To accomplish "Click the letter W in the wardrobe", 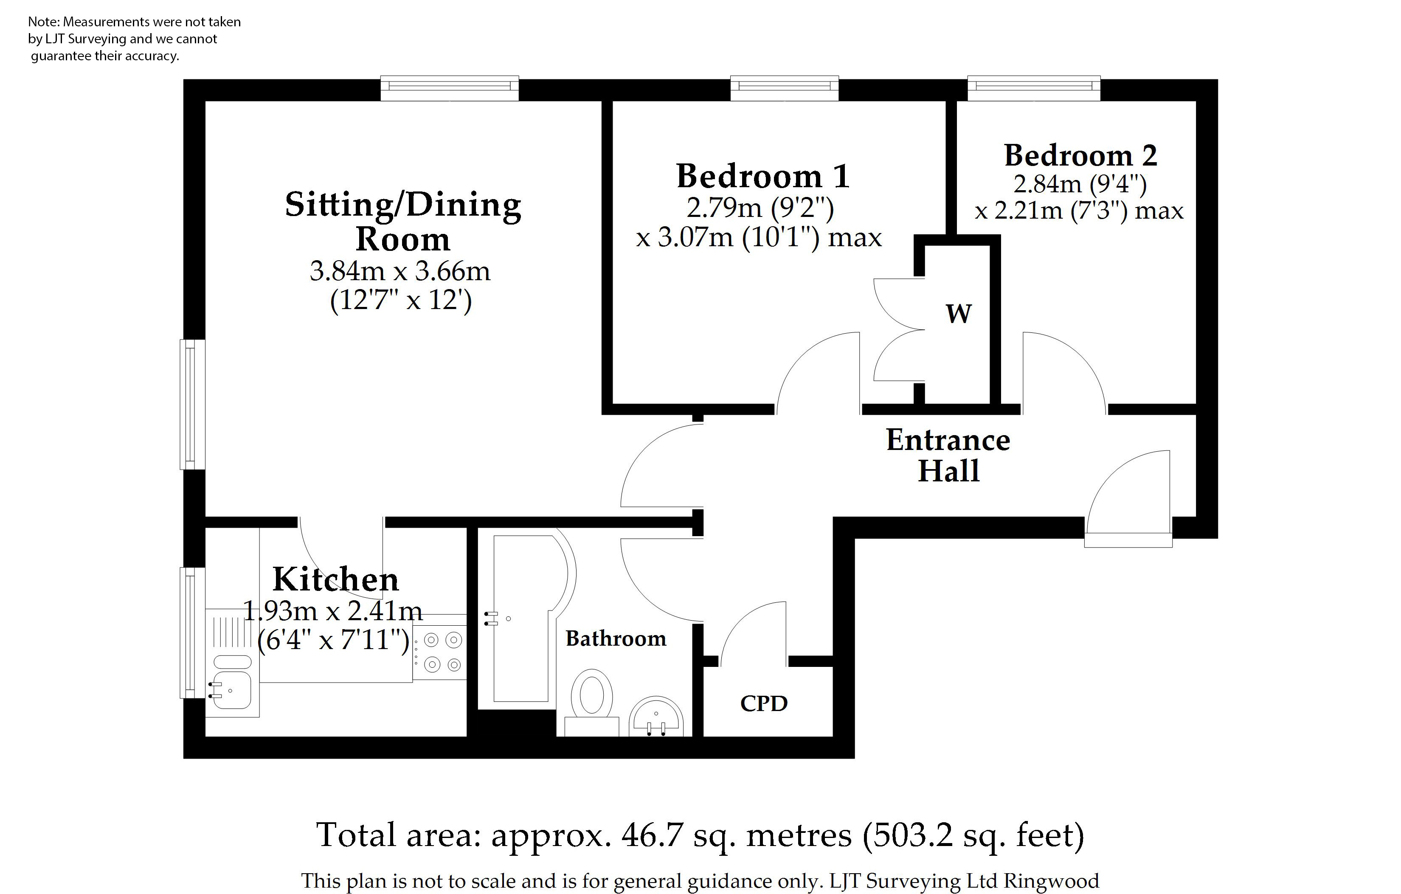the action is coord(958,314).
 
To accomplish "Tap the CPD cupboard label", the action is coord(763,704).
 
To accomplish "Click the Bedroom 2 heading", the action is coord(1080,156).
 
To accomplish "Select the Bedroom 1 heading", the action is coord(763,176).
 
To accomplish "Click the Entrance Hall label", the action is coord(948,455).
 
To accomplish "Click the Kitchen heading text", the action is coord(336,579).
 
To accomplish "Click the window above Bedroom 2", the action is coord(1034,87).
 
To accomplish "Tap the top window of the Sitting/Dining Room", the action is coord(449,87).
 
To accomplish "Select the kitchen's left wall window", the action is coord(191,633).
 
